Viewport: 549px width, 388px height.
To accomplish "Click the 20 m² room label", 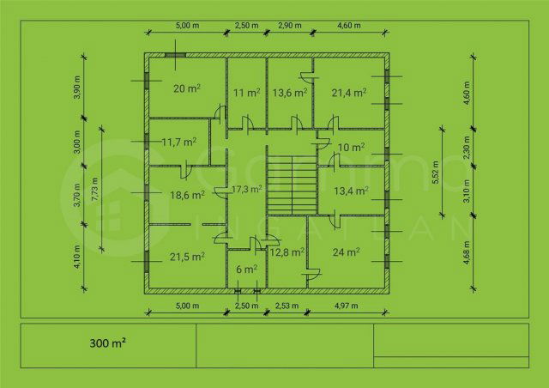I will coord(187,88).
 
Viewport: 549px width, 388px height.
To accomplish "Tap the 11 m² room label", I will coord(247,92).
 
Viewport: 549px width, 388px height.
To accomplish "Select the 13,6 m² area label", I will coord(290,92).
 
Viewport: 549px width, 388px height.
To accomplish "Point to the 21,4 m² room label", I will coord(349,92).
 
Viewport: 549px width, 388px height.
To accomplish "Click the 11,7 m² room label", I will coord(179,142).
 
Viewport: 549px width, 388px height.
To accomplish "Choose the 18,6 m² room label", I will coord(187,195).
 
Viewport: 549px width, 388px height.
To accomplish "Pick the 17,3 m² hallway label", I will coord(244,189).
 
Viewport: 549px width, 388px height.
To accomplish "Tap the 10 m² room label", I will coord(352,147).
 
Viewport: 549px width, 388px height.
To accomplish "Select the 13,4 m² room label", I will coord(350,191).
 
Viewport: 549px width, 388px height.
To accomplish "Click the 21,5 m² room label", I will coord(187,256).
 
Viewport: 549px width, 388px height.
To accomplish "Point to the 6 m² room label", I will coord(246,270).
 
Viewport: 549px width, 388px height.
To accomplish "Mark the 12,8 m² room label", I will coord(287,252).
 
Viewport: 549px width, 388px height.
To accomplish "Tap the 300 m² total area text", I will coord(108,343).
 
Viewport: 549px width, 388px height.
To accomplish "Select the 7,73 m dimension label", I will coord(94,189).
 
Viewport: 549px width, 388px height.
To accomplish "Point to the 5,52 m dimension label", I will coord(437,172).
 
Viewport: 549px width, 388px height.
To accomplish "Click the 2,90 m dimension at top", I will coord(290,26).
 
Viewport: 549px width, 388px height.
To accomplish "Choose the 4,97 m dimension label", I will coord(347,306).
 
